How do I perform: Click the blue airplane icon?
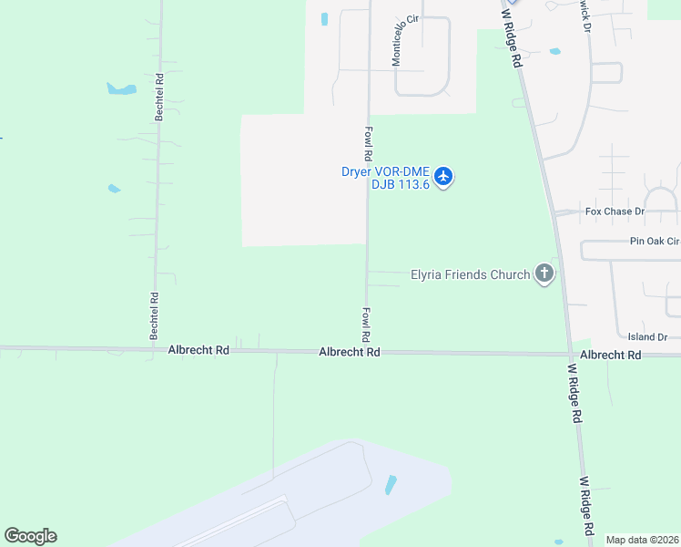tap(443, 176)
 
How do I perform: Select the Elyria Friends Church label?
tap(470, 273)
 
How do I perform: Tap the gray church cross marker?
tap(544, 273)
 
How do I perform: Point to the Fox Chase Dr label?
tap(615, 212)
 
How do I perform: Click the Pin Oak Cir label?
tap(654, 242)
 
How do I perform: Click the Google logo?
tap(30, 536)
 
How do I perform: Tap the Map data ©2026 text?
tap(642, 540)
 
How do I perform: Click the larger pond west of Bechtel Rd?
tap(121, 89)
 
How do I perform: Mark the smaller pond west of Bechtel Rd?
tap(114, 189)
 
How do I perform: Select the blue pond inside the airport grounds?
tap(391, 485)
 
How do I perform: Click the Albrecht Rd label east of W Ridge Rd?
tap(610, 355)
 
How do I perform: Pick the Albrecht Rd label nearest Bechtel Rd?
tap(198, 350)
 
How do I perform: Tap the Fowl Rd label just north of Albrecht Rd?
tap(366, 324)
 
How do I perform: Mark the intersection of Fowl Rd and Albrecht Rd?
tap(367, 352)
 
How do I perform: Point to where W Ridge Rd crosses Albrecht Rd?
tap(570, 354)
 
